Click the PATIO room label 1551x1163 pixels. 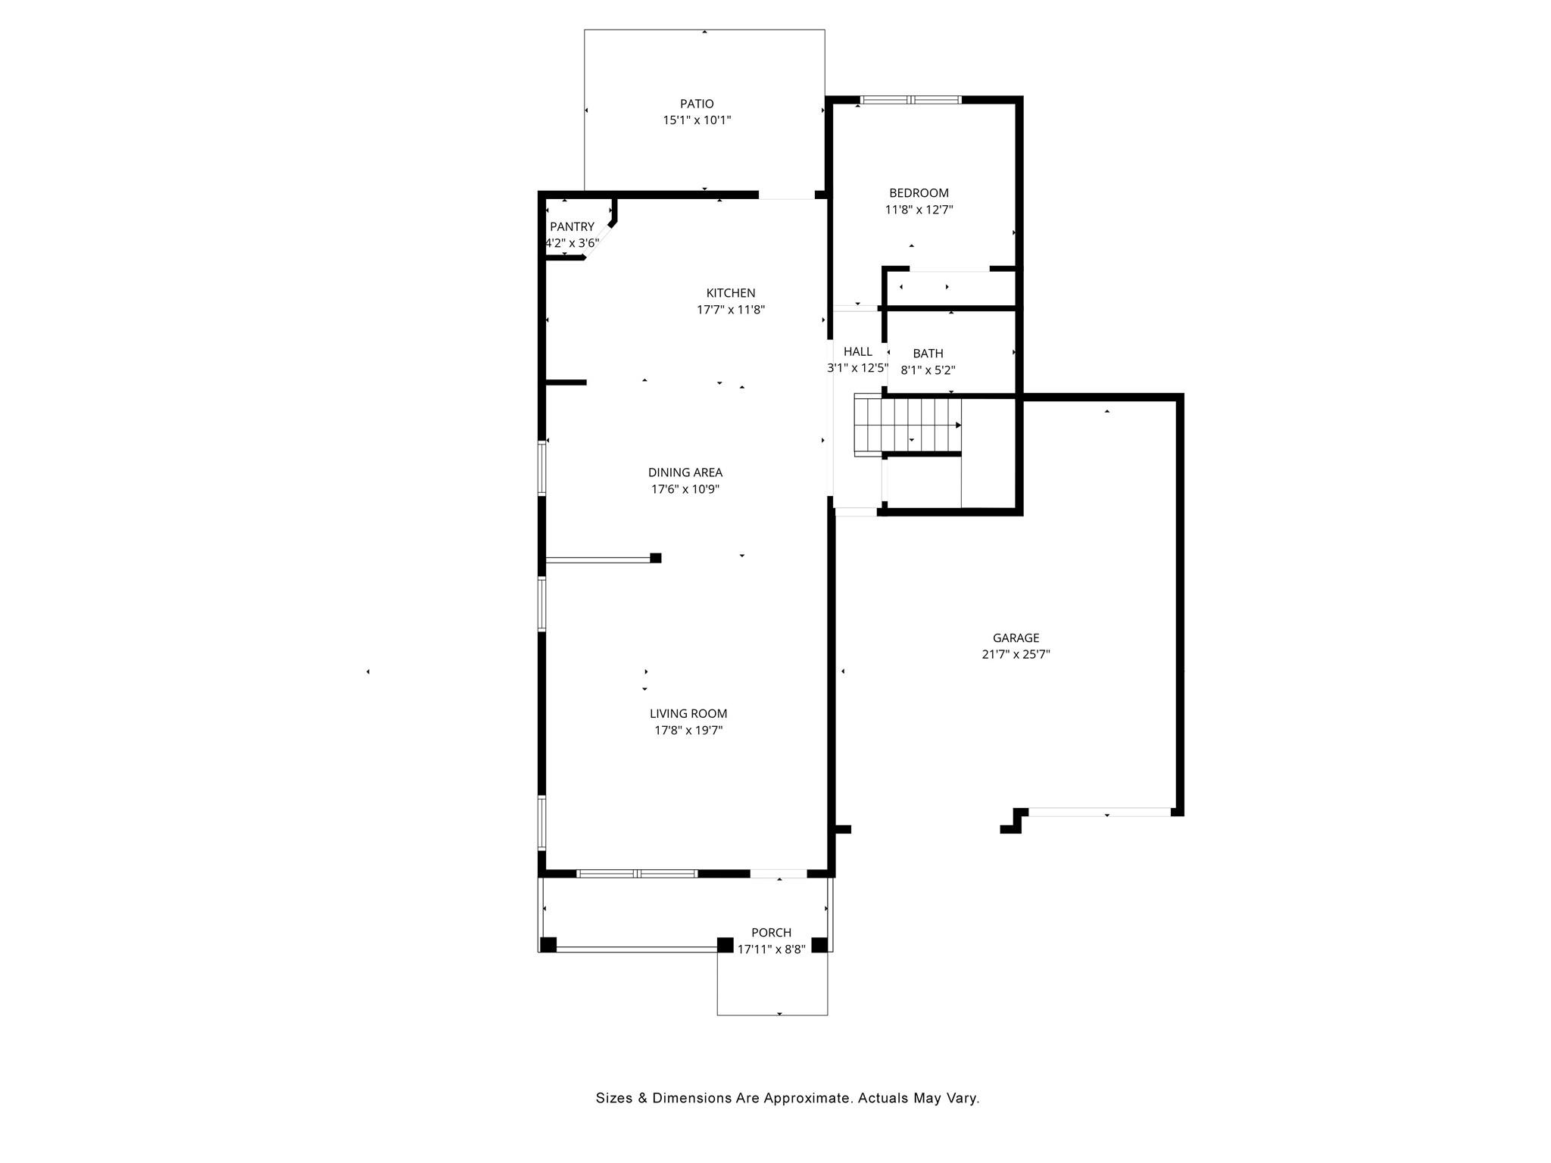[696, 104]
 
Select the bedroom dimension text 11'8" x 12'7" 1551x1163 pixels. [919, 210]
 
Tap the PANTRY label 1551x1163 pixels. [572, 226]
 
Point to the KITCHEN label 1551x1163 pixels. [730, 293]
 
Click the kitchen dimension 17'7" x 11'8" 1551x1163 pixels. [730, 310]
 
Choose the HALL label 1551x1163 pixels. [857, 351]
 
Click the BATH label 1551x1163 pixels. [928, 354]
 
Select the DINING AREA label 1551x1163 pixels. [685, 472]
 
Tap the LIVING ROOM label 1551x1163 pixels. [688, 713]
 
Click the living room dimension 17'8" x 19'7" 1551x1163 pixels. [688, 731]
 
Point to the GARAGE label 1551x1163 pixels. [1016, 638]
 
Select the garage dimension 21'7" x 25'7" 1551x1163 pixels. [1016, 655]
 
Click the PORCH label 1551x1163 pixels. [771, 933]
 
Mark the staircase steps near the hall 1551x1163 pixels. [907, 426]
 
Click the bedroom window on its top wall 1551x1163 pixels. [911, 100]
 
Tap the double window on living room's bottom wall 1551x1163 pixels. [637, 874]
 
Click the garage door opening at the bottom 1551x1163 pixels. [1100, 812]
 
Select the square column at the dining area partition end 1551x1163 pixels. [656, 558]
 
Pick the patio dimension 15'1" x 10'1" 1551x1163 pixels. [696, 120]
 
